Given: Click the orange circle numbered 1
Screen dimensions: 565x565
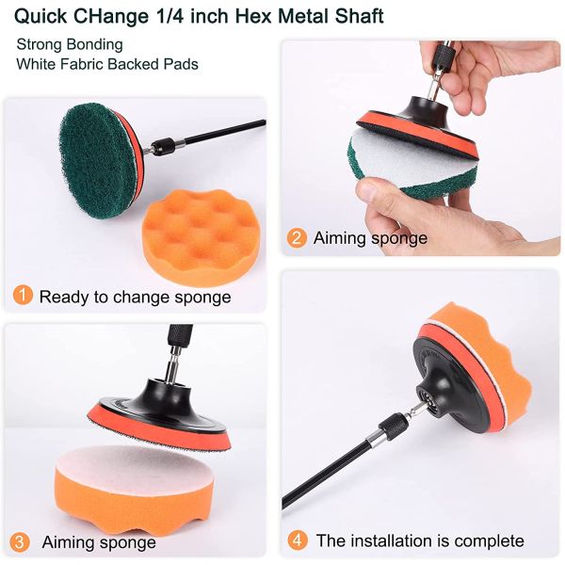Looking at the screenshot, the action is coord(23,295).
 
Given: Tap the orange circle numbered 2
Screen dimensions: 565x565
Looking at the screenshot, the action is coord(297,238).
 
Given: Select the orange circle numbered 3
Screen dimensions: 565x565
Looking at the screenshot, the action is coord(19,542).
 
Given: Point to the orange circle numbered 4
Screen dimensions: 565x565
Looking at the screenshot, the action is coord(298,541).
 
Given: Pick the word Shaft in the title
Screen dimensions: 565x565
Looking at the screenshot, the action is coord(360,16).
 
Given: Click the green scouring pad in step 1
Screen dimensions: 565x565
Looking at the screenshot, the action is coord(97,159).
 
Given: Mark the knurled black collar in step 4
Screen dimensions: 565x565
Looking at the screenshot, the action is coord(392,426).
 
